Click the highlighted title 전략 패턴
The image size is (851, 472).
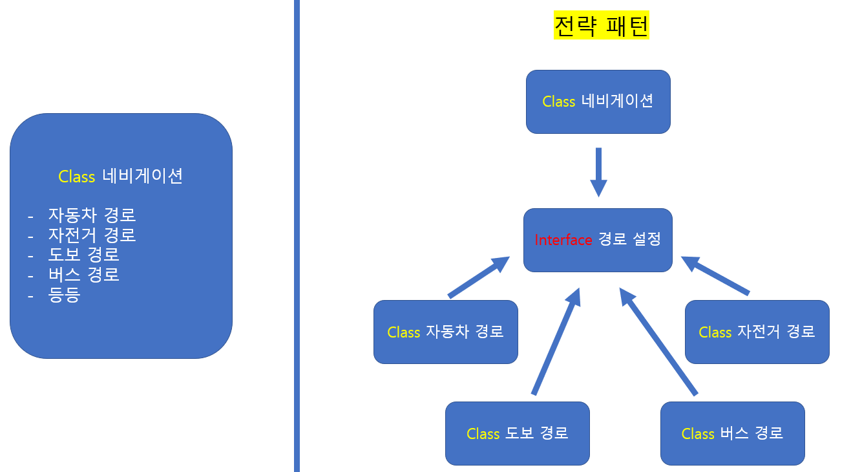[601, 26]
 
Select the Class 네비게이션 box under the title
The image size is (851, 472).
[598, 102]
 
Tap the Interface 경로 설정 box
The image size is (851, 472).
[598, 240]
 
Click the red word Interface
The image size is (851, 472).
[563, 240]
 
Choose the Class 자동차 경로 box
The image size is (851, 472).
[445, 332]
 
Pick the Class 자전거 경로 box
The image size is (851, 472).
[757, 332]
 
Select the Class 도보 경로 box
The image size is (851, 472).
[517, 433]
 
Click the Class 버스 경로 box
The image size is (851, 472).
[732, 433]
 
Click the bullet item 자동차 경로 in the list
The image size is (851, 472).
[92, 215]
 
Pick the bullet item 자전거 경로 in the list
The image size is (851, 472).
[92, 235]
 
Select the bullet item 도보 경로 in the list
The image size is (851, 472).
[83, 254]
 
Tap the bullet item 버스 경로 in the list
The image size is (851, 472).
[83, 274]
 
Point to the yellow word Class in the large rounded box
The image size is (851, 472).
[76, 177]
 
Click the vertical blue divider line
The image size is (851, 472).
[297, 236]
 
